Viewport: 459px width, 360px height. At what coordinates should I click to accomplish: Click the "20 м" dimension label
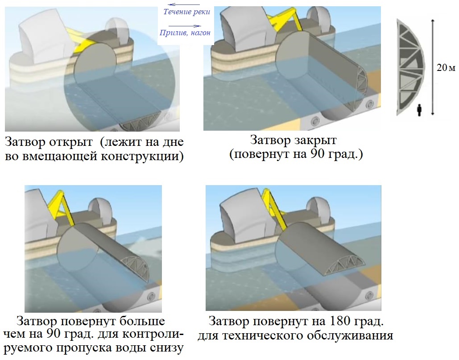tap(446, 68)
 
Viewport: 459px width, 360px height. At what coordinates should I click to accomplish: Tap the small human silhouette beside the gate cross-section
tap(419, 110)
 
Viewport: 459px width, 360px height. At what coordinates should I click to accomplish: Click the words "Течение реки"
tap(186, 12)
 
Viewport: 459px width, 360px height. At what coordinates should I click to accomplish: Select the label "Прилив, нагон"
tap(185, 33)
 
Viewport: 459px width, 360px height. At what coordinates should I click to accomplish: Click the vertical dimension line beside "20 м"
tap(432, 67)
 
